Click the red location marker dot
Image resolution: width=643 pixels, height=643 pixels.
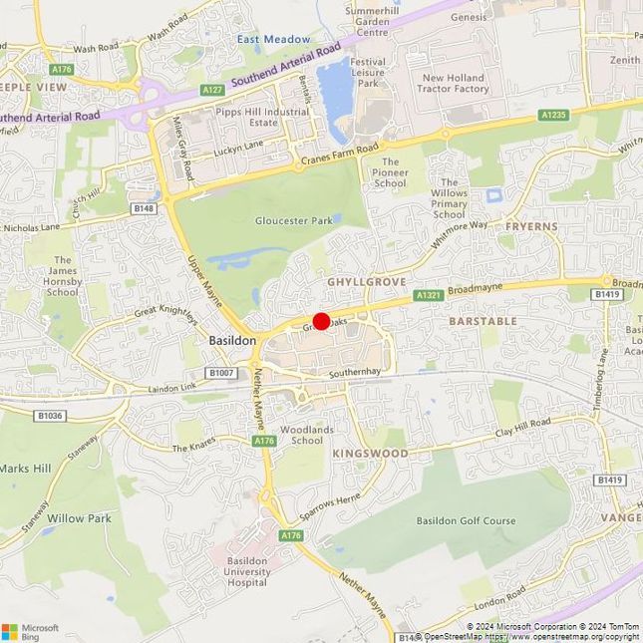pos(321,321)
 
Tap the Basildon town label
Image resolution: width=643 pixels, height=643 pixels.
pos(233,340)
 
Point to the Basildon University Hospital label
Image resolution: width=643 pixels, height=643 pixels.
pos(248,572)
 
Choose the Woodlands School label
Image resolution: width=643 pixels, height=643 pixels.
pos(301,435)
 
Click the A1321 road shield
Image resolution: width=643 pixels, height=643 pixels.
pos(429,295)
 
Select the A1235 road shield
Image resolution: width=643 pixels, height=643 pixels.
pos(554,116)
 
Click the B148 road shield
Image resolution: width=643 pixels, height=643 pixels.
pos(145,208)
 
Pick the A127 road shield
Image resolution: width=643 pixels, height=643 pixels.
pos(212,90)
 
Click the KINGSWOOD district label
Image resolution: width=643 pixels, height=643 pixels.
pos(370,453)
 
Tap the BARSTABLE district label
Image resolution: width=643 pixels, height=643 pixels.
pos(482,321)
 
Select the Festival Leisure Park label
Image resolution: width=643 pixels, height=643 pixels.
pos(369,73)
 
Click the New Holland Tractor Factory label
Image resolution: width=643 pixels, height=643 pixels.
pos(456,83)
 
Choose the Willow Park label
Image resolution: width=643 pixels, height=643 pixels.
pos(80,518)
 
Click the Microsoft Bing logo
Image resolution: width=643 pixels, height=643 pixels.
pos(30,631)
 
